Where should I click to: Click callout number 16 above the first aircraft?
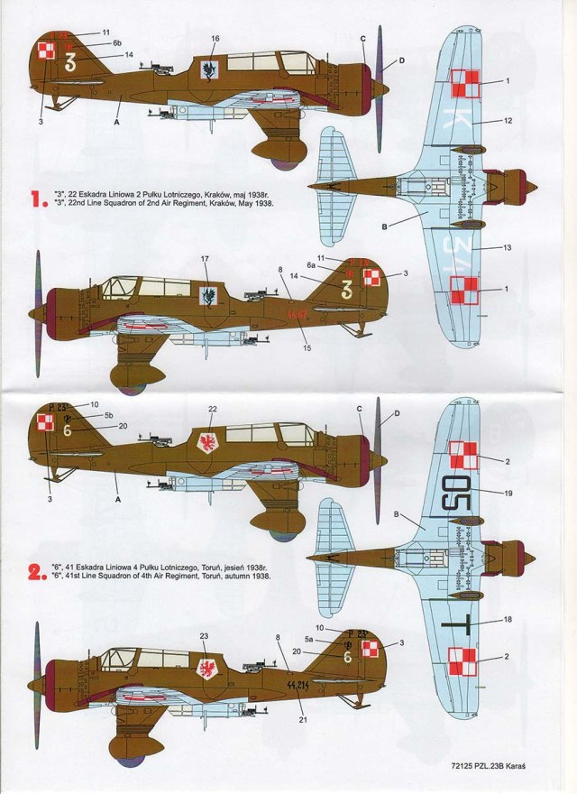click(215, 39)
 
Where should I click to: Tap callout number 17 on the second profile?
click(206, 260)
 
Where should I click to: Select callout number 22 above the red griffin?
click(213, 410)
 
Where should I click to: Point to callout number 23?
click(205, 636)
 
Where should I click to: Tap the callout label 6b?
click(117, 43)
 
